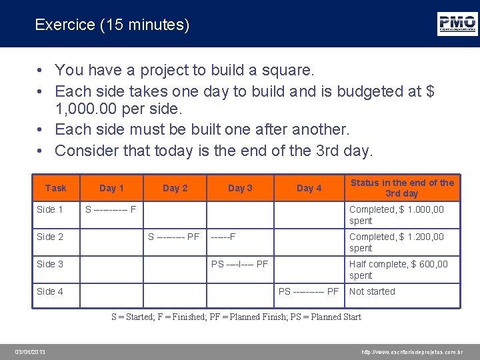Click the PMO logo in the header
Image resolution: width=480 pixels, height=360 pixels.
click(x=457, y=23)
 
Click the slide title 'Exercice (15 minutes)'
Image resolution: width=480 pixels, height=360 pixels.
click(x=112, y=25)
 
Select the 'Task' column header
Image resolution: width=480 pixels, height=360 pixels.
click(x=55, y=188)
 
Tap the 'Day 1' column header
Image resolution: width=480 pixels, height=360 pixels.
click(x=111, y=188)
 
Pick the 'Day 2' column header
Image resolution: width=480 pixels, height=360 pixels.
click(x=175, y=188)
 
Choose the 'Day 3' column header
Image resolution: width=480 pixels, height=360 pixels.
click(x=240, y=188)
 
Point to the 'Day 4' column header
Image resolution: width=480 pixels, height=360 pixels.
click(x=309, y=188)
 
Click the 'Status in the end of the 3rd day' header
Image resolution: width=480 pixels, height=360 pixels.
click(x=402, y=188)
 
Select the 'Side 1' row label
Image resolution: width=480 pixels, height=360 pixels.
click(x=50, y=209)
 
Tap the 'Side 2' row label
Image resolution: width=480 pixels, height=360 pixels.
click(x=50, y=237)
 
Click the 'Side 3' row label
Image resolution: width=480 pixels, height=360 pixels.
click(x=50, y=264)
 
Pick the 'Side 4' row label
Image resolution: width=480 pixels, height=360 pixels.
click(x=50, y=291)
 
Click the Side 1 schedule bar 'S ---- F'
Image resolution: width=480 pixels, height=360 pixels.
click(x=111, y=209)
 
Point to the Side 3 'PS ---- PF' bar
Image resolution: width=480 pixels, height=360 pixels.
click(x=239, y=264)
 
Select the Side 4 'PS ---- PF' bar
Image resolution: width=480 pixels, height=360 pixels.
click(x=309, y=291)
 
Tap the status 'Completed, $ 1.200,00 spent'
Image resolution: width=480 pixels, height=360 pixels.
click(x=396, y=242)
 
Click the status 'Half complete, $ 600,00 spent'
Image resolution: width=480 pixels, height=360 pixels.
click(x=399, y=269)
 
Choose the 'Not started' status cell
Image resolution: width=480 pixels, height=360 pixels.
click(x=372, y=291)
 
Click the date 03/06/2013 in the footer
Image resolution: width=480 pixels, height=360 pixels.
click(x=31, y=352)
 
